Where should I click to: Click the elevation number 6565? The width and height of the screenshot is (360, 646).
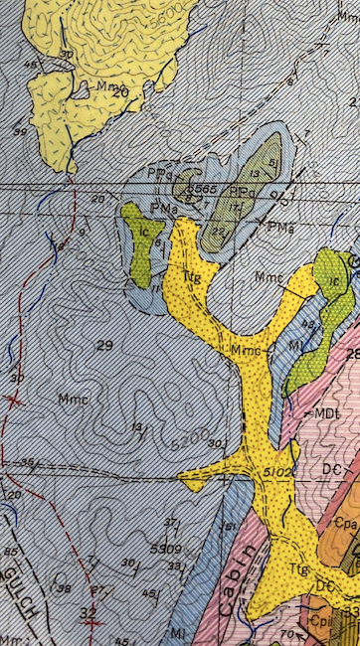(x=202, y=188)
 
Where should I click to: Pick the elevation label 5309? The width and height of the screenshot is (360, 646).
(x=165, y=548)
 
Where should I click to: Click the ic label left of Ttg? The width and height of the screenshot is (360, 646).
(x=142, y=231)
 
